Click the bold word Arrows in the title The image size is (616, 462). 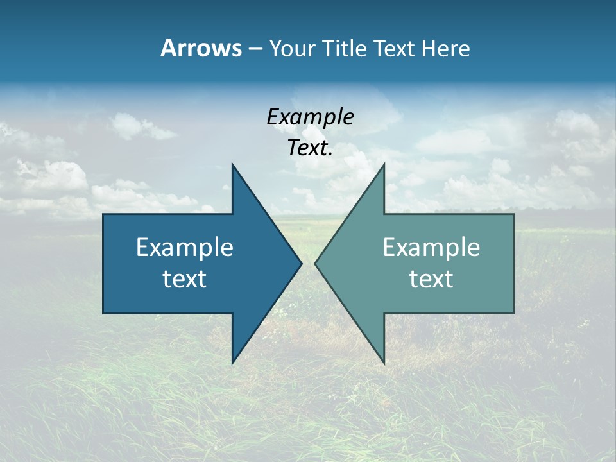pos(200,48)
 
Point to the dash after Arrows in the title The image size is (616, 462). pos(255,49)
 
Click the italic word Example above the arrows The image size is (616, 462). pos(310,117)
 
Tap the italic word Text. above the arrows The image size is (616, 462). pos(310,148)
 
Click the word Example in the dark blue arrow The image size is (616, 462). pos(185,247)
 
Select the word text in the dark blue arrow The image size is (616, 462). pos(185,278)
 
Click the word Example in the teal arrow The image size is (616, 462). pos(431,247)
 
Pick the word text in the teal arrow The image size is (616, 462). pos(431,278)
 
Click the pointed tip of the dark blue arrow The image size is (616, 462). pos(301,263)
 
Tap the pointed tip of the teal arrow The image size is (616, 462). pos(315,263)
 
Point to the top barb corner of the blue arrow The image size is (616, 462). pos(233,165)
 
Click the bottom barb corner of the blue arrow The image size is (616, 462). pos(233,363)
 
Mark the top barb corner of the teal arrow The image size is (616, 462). pos(384,165)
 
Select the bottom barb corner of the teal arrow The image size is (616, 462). pos(384,363)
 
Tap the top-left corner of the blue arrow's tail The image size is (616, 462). pos(104,215)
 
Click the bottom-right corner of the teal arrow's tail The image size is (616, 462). pos(513,312)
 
